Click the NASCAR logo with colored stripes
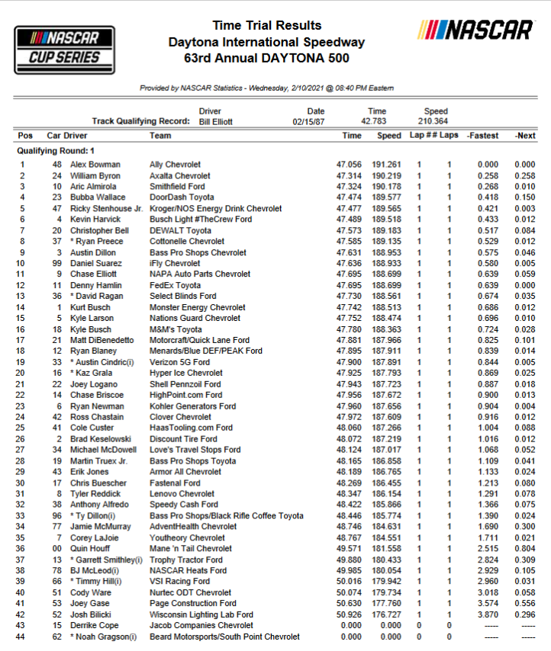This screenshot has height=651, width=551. (x=475, y=30)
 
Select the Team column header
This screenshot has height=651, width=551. (x=160, y=136)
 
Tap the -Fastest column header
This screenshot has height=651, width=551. (x=482, y=136)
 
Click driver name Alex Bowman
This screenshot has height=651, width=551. (x=95, y=165)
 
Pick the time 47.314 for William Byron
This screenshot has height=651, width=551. (x=352, y=175)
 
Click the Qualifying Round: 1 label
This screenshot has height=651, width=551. (x=56, y=151)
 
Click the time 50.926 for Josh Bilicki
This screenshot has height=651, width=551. (x=352, y=614)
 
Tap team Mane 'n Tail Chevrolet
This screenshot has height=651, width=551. (x=191, y=548)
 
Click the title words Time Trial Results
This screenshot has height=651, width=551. (x=266, y=26)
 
